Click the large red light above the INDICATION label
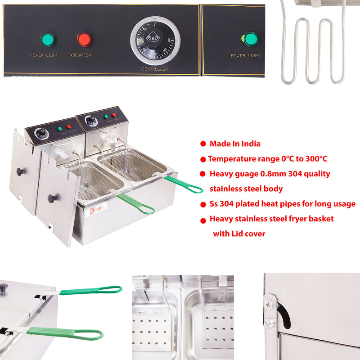(84, 40)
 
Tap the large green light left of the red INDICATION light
(48, 40)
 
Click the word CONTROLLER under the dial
(155, 69)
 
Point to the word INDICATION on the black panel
(80, 55)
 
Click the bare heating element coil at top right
(312, 49)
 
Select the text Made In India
(235, 144)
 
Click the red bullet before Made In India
(203, 144)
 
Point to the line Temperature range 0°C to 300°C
(267, 159)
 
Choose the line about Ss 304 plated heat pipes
(282, 204)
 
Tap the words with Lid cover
(239, 234)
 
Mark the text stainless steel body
(246, 189)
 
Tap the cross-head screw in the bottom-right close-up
(269, 306)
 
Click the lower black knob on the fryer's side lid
(53, 198)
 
